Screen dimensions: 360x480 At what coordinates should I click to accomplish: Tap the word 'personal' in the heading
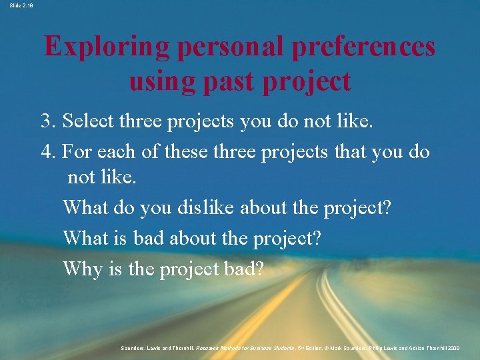(233, 47)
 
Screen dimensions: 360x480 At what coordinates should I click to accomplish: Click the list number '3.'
(49, 121)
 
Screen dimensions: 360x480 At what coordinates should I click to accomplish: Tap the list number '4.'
(49, 151)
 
